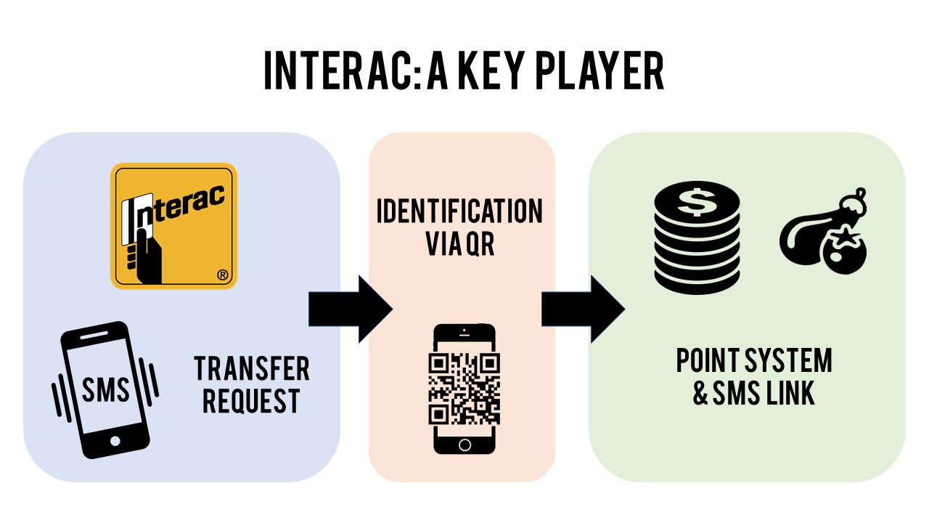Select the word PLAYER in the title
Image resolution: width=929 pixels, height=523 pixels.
pyautogui.click(x=607, y=70)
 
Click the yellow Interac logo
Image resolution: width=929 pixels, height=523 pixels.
pyautogui.click(x=173, y=226)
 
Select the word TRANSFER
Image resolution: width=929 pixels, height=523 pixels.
pyautogui.click(x=251, y=369)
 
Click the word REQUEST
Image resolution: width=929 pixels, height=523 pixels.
pyautogui.click(x=251, y=401)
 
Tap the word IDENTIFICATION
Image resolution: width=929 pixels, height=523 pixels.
pyautogui.click(x=459, y=211)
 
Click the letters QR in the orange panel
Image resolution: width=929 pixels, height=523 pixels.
pyautogui.click(x=480, y=244)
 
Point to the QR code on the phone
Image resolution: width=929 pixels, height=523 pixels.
pyautogui.click(x=464, y=389)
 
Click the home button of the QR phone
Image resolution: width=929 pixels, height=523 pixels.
pyautogui.click(x=464, y=444)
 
